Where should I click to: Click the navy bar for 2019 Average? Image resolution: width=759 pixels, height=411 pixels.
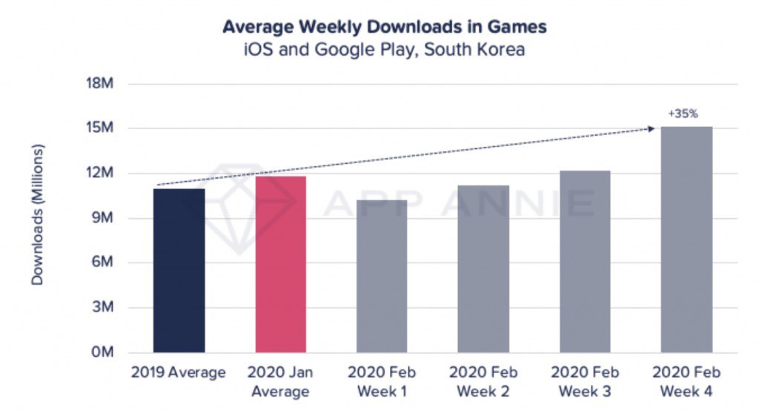[179, 271]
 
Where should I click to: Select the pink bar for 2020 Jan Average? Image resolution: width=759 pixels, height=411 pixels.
[280, 264]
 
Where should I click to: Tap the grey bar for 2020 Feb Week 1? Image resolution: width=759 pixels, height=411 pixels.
[382, 276]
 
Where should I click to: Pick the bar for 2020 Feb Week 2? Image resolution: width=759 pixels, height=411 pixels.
[483, 269]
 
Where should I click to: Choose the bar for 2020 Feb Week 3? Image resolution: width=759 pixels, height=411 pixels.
[585, 261]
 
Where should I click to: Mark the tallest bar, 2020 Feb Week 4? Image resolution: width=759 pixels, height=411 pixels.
[686, 240]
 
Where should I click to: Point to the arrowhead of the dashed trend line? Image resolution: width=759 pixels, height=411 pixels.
[652, 128]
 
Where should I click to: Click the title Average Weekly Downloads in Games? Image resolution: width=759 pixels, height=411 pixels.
[385, 27]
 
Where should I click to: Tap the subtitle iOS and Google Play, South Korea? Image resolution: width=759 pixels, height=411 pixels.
[385, 51]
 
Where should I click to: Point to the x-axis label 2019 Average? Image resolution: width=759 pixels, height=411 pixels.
[178, 372]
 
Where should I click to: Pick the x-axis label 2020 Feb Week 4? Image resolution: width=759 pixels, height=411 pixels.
[686, 380]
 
